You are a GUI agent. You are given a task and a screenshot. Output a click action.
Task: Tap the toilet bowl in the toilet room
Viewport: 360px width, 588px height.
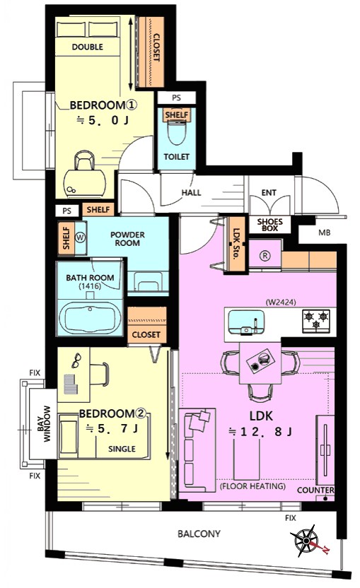coord(176,133)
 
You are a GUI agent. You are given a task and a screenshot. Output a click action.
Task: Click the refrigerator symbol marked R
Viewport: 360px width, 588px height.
coord(265,256)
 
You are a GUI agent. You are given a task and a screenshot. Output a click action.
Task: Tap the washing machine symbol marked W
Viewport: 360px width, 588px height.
coord(81,237)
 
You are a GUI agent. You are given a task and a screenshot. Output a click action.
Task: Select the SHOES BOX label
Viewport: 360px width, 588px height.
coord(270,225)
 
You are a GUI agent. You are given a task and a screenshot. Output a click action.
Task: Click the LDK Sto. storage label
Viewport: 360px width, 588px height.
coord(236,245)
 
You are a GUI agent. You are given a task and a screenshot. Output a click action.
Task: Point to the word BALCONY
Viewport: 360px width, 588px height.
coord(199,534)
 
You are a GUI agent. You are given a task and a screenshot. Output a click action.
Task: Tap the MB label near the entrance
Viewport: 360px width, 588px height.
coord(325,233)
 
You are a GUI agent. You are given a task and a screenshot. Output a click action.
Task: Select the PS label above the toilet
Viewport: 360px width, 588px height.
coord(176,98)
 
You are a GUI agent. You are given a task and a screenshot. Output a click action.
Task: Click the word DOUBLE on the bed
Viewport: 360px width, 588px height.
coord(88,47)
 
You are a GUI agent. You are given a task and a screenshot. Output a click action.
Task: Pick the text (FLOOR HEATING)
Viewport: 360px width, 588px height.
coord(252,486)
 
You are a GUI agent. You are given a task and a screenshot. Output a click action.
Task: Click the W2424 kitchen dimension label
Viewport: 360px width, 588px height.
coord(280,302)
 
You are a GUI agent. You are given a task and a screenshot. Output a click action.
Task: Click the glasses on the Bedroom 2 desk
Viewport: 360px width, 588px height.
coord(76,360)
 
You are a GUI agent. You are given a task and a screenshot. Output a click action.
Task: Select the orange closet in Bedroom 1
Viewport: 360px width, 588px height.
coord(150,52)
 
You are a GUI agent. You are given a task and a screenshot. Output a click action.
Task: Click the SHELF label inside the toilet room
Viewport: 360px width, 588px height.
coord(176,114)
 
